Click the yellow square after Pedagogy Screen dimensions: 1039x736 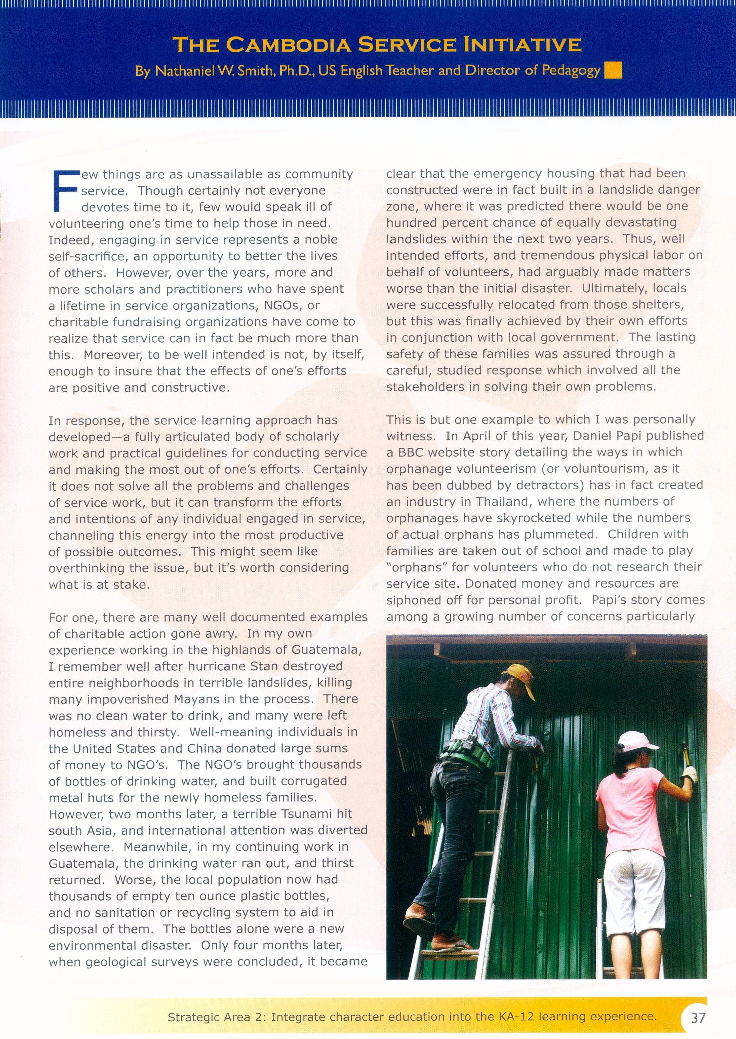613,71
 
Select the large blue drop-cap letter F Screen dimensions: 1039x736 64,190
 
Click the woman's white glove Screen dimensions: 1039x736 689,774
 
